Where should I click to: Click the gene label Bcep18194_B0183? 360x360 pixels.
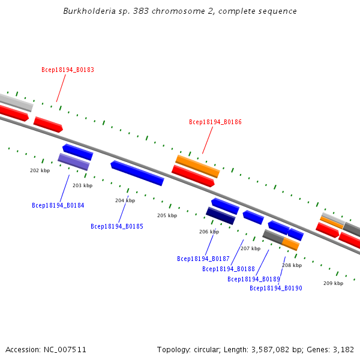[x=68, y=70]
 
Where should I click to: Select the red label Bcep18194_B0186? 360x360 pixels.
[x=215, y=122]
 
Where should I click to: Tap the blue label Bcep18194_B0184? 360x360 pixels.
[x=58, y=205]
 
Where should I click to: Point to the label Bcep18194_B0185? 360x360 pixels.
[x=117, y=226]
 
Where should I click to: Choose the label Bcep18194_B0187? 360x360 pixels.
[x=203, y=259]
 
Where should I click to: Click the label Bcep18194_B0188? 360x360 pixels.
[x=229, y=269]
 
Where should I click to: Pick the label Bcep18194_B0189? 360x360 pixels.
[x=254, y=279]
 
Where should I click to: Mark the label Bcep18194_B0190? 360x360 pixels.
[x=276, y=288]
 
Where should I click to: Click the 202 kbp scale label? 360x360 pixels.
[x=40, y=170]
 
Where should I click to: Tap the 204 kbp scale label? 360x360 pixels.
[x=125, y=200]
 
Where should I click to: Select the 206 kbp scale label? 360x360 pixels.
[x=209, y=232]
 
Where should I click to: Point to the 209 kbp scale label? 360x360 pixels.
[x=333, y=283]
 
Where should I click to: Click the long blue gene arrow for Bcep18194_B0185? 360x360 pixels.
[x=137, y=173]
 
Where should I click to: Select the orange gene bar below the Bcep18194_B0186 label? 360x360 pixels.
[x=197, y=166]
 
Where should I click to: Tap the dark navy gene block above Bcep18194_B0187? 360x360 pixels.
[x=220, y=216]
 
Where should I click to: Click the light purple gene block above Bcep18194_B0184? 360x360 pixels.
[x=73, y=161]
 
